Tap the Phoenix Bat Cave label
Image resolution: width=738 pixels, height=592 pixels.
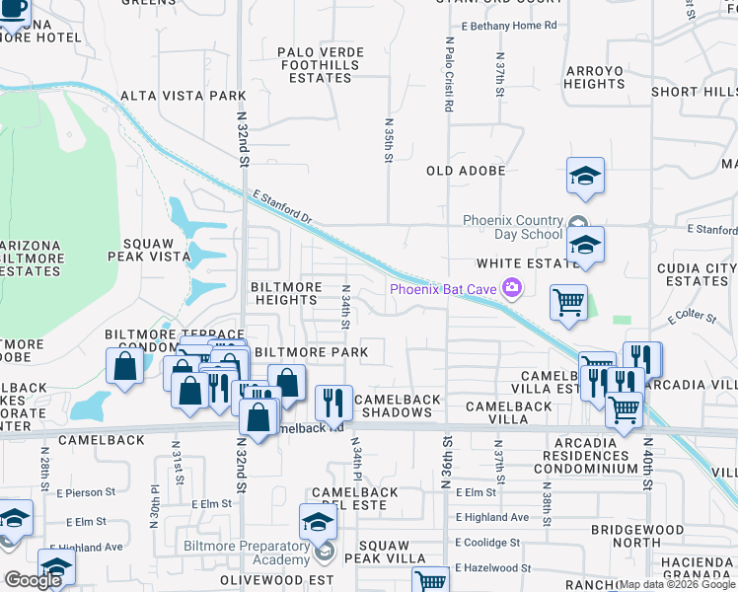tap(444, 289)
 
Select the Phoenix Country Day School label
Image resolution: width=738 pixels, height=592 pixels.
tap(513, 227)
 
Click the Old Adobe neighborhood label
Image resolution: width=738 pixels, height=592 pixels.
tap(466, 171)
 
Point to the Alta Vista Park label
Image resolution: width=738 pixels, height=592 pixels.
tap(183, 96)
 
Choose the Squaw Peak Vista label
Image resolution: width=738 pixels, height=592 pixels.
tap(155, 250)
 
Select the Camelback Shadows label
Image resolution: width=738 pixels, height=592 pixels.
tap(396, 406)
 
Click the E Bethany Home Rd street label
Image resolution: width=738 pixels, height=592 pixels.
tap(509, 25)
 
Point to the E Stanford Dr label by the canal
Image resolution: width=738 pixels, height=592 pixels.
tap(281, 207)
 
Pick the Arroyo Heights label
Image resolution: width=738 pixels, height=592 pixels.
tap(594, 78)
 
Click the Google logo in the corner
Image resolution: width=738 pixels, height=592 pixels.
tap(34, 580)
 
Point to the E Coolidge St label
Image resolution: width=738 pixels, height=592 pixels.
tap(487, 543)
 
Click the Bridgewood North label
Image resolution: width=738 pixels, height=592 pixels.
tap(637, 536)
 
